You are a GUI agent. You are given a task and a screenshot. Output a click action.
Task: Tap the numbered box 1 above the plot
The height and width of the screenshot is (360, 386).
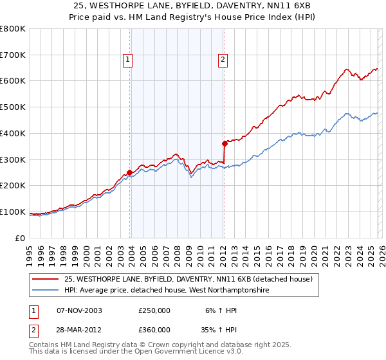128,60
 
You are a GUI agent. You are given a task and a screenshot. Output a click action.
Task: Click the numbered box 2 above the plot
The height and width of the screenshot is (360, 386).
223,60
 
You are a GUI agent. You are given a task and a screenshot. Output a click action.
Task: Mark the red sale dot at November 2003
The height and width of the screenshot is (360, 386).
130,172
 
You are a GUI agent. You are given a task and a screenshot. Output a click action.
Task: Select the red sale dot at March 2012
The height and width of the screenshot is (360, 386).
225,143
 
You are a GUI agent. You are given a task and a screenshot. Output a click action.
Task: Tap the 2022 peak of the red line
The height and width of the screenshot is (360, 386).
346,69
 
